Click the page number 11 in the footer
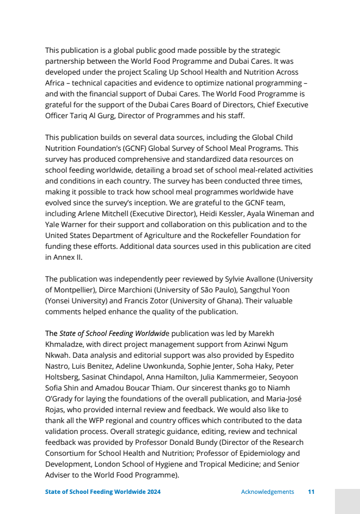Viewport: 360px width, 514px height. click(x=311, y=492)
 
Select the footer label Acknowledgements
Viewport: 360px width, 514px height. click(x=267, y=492)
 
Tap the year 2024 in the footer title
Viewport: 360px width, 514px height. click(x=151, y=492)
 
